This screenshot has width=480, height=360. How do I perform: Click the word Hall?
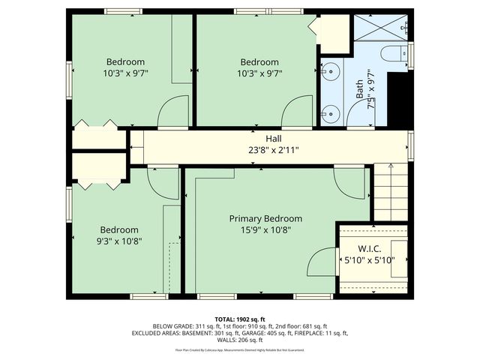tap(273, 139)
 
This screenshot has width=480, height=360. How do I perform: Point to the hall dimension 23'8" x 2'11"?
tap(273, 150)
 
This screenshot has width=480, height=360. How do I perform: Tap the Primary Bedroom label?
tap(265, 218)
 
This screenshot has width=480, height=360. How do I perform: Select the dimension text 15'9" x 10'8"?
tap(265, 229)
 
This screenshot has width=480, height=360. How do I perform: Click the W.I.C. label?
tap(373, 248)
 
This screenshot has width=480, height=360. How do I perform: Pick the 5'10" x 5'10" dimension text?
tap(373, 260)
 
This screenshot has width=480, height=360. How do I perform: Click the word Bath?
tap(359, 90)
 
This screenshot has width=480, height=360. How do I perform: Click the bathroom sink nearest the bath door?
tap(330, 113)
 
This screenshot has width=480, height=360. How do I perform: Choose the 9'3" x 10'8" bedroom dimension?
tap(118, 241)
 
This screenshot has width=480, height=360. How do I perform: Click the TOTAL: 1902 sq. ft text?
tap(240, 319)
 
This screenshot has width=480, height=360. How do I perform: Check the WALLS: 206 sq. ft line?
tap(240, 340)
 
